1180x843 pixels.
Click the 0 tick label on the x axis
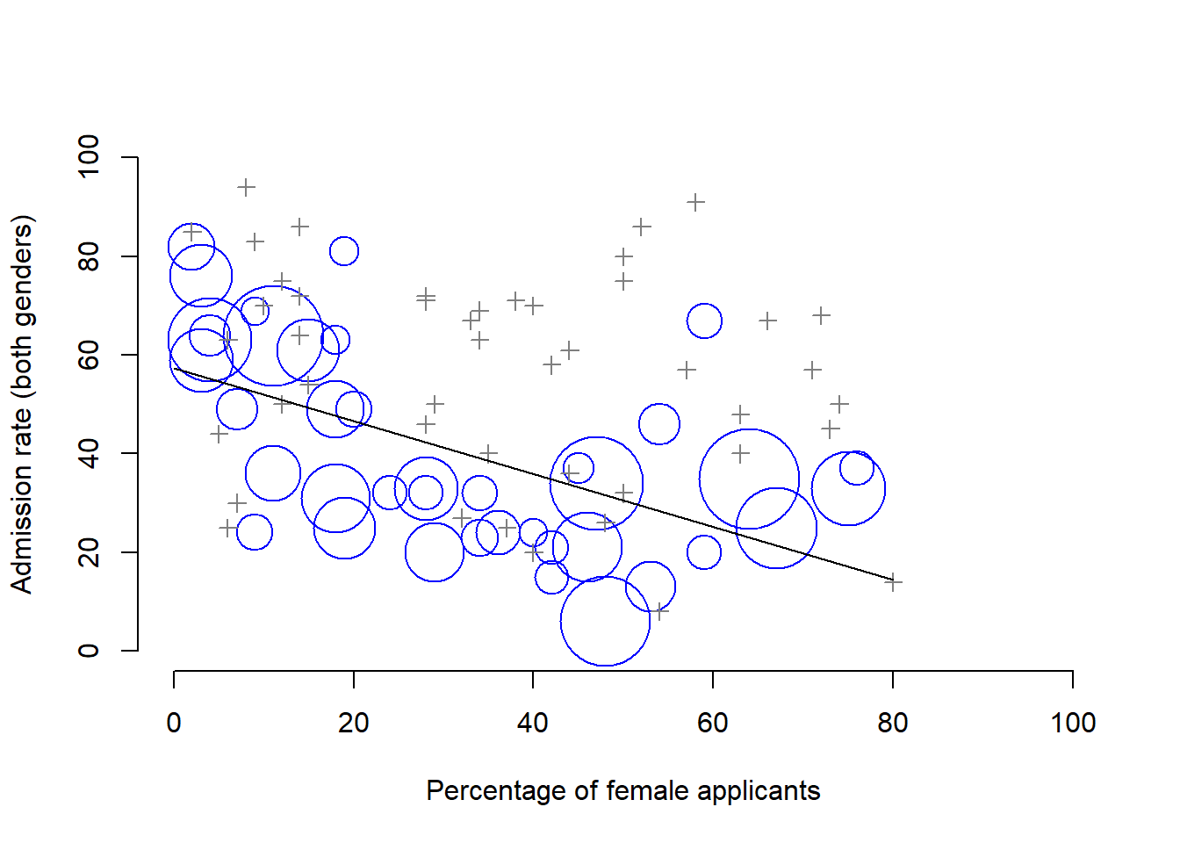[x=174, y=723]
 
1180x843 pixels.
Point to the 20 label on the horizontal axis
[x=353, y=723]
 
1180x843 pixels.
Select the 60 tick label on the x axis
[x=712, y=723]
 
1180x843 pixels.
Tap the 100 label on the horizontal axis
[x=1072, y=723]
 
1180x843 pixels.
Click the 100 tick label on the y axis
[x=89, y=157]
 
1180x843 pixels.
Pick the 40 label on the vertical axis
[x=89, y=453]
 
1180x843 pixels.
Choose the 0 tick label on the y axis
[x=89, y=651]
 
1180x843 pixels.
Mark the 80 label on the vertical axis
[x=89, y=256]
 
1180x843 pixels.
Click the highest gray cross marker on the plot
[x=246, y=187]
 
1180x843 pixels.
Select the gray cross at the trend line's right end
[x=893, y=581]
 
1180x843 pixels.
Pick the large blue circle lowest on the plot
[x=605, y=621]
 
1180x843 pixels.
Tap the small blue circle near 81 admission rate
[x=344, y=251]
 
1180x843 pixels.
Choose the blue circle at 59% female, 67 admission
[x=704, y=321]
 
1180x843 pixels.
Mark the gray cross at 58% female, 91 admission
[x=695, y=202]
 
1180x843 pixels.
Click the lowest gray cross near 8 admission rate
[x=660, y=611]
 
